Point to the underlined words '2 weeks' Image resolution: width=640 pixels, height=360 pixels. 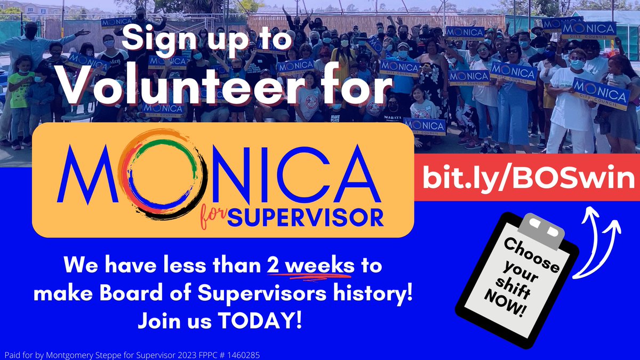pyautogui.click(x=310, y=266)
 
